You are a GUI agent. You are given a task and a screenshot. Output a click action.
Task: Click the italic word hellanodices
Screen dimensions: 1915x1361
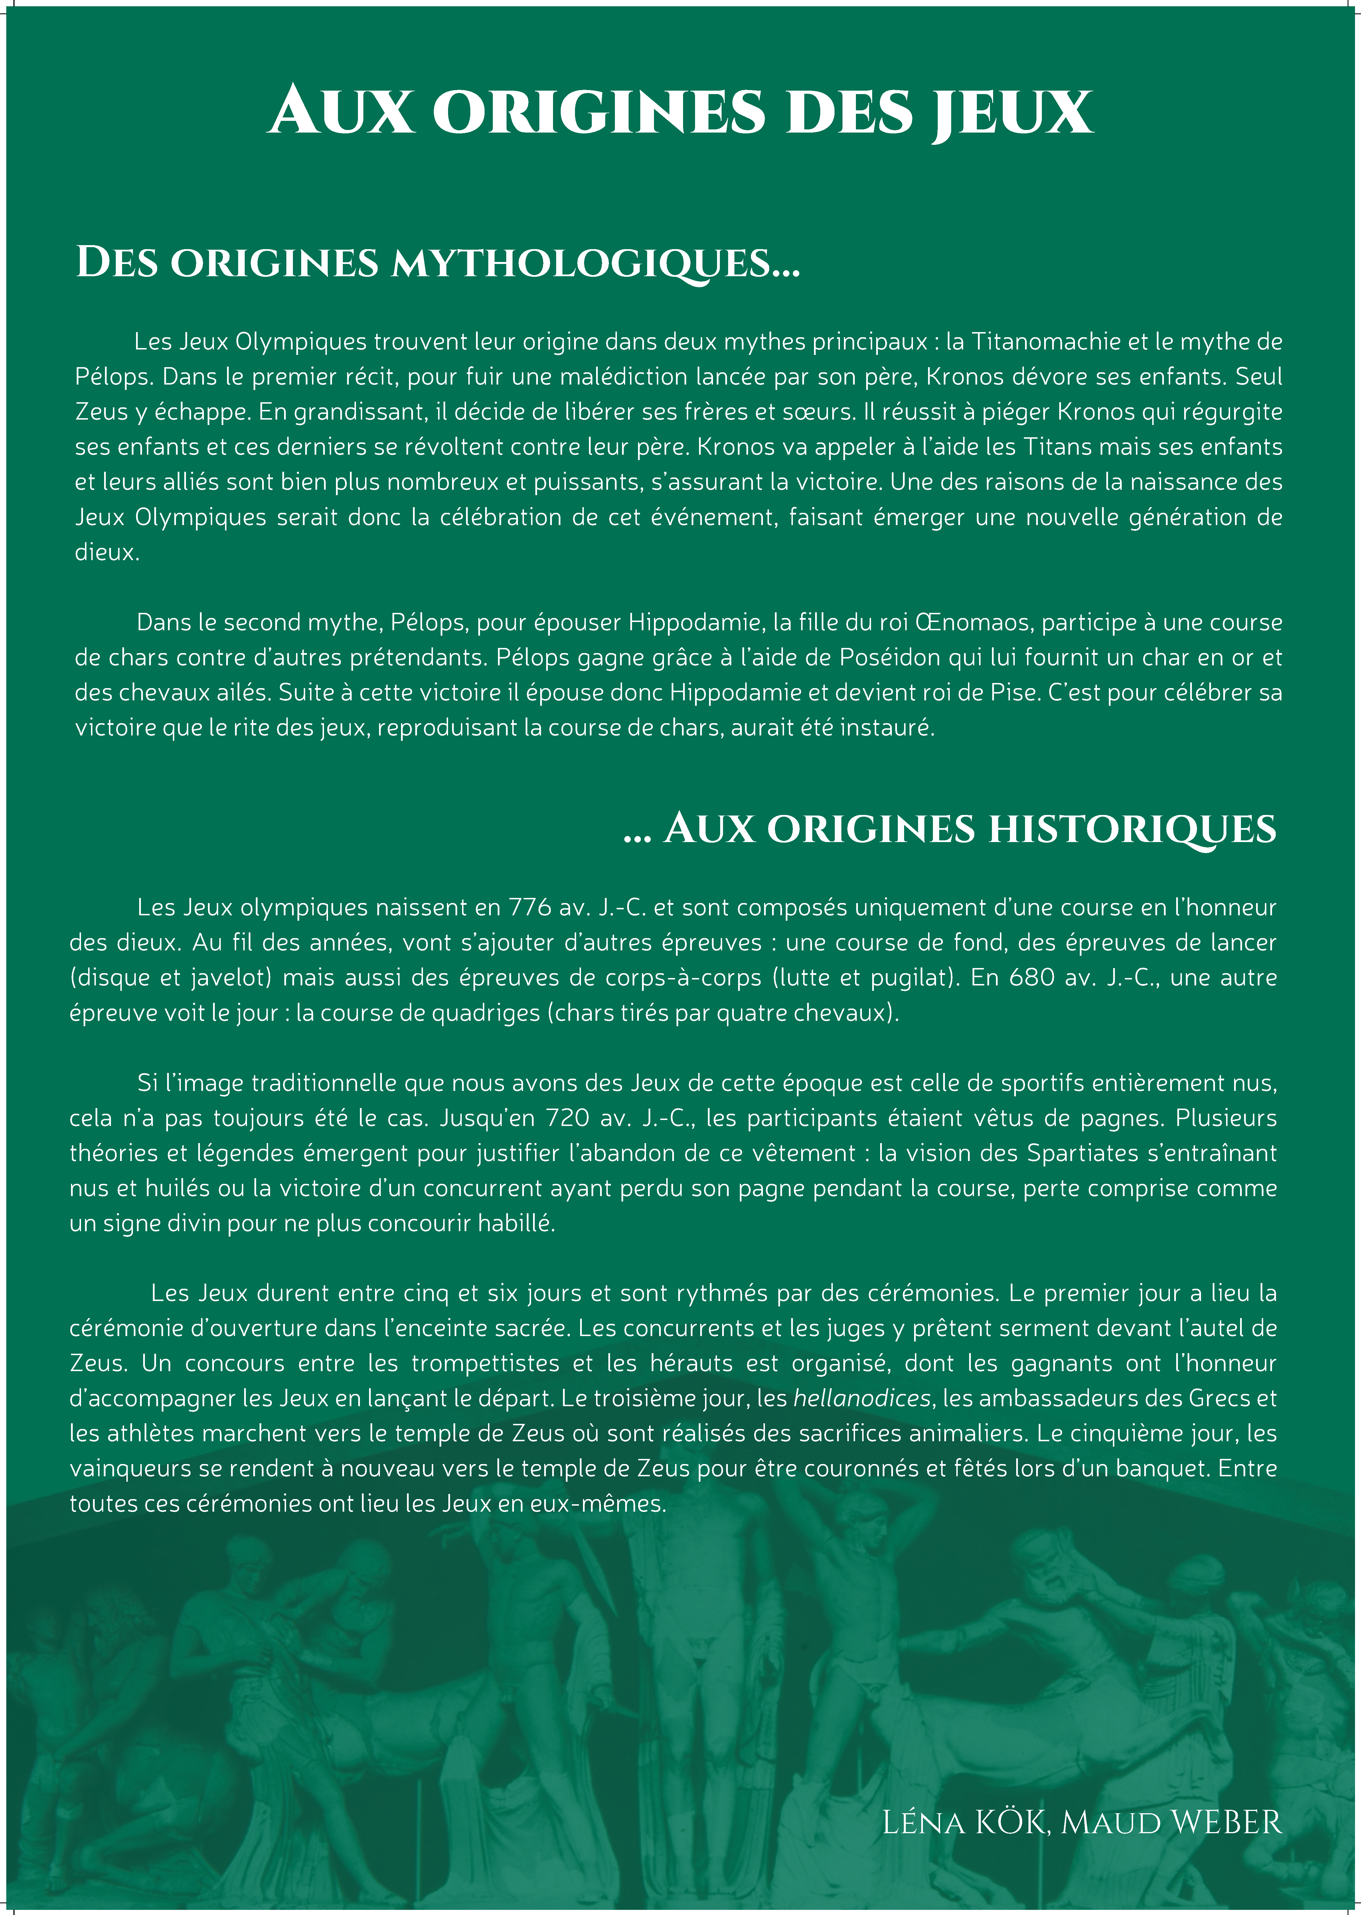click(862, 1398)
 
